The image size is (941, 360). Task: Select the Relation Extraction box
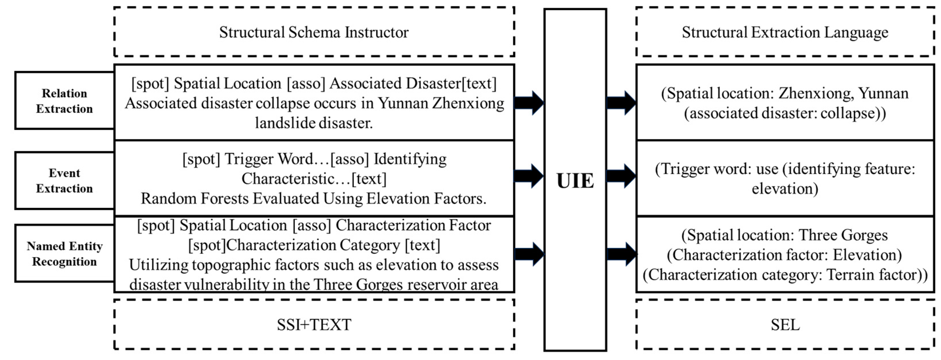[64, 101]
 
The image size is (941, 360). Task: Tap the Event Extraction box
[64, 180]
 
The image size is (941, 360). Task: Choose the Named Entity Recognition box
[64, 254]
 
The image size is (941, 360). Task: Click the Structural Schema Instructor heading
[314, 32]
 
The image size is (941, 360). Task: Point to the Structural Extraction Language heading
[785, 32]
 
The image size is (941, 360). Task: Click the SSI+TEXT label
[314, 324]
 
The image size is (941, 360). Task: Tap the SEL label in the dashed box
[785, 324]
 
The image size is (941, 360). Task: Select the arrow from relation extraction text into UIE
[529, 103]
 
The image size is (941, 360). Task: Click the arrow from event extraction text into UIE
[529, 176]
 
